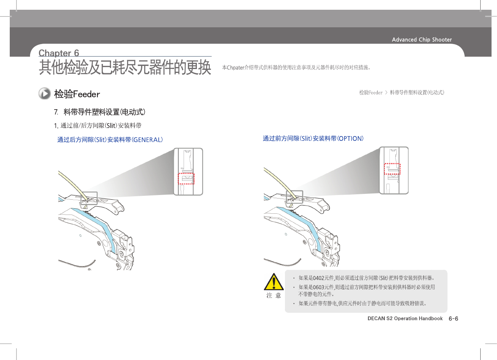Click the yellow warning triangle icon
pos(274,282)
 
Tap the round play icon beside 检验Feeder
pos(44,94)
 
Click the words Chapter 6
pos(59,53)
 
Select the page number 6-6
pos(453,319)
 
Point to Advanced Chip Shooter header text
pos(422,39)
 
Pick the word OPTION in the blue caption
pos(350,138)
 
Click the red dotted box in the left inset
pos(186,178)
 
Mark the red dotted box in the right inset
pos(392,168)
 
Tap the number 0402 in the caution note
pos(318,278)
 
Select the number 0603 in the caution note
pos(318,287)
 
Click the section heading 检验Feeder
pos(77,94)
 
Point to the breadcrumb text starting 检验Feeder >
pos(401,93)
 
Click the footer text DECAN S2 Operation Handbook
pos(405,319)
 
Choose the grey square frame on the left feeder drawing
pos(89,198)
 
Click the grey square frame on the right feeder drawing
pos(294,197)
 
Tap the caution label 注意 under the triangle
pos(274,296)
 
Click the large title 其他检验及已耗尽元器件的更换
pos(125,68)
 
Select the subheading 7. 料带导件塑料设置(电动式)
pos(100,112)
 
